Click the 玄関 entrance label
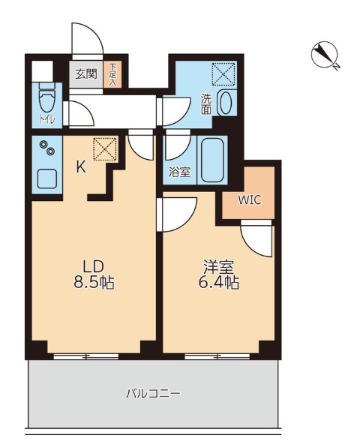86,73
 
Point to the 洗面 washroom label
206,104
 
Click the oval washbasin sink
224,105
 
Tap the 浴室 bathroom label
178,171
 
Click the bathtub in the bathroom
213,159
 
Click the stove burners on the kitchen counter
47,149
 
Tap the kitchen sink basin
48,179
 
